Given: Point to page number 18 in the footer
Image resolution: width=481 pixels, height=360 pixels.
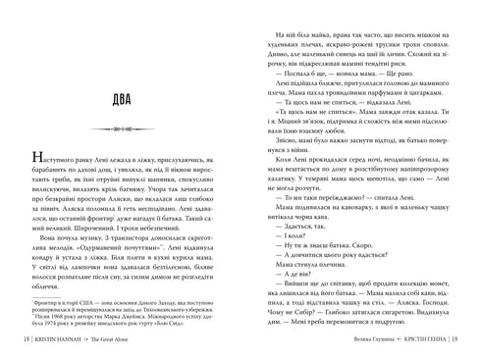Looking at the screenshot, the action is (x=27, y=340).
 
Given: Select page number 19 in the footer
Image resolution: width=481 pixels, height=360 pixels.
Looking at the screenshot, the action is (x=456, y=340).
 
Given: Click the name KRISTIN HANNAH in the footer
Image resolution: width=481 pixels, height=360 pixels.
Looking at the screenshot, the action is (x=61, y=340).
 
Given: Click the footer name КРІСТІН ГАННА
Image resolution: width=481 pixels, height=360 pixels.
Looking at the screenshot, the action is (x=420, y=340).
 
